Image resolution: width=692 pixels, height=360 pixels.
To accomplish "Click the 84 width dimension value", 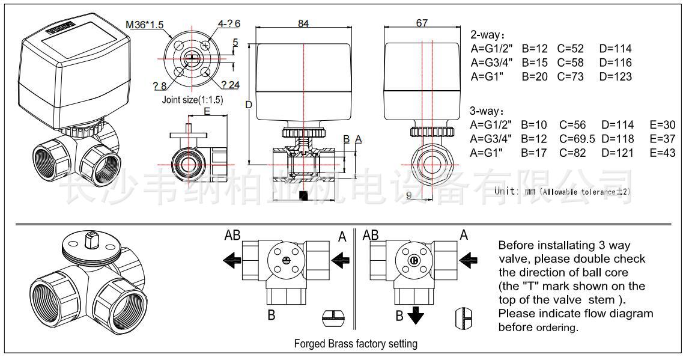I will [304, 23].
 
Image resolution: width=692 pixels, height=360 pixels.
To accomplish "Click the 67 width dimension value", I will [422, 23].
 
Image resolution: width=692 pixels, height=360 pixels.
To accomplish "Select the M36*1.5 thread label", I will [145, 25].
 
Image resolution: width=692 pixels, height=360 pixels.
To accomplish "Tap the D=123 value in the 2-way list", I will [615, 76].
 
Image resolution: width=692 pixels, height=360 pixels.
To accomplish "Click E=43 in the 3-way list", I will [662, 153].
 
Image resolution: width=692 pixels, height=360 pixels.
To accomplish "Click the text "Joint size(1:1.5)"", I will [192, 100].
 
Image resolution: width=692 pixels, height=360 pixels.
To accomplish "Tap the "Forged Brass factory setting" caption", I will [355, 344].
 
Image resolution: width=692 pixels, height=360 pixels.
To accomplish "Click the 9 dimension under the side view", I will [409, 195].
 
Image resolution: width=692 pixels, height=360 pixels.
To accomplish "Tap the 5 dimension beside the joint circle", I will [235, 43].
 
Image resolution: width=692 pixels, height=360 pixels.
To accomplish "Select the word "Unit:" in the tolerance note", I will [507, 191].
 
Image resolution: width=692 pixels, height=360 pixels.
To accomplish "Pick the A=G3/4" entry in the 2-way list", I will [491, 63].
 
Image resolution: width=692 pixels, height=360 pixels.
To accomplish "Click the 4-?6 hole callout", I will [229, 23].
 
